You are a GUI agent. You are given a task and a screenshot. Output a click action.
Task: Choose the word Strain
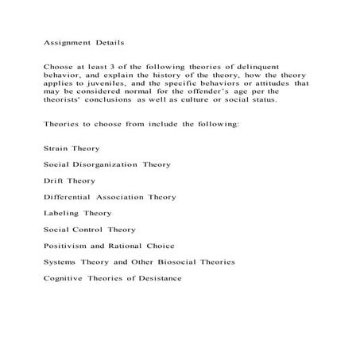(56, 149)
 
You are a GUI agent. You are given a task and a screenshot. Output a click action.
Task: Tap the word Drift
(53, 180)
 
